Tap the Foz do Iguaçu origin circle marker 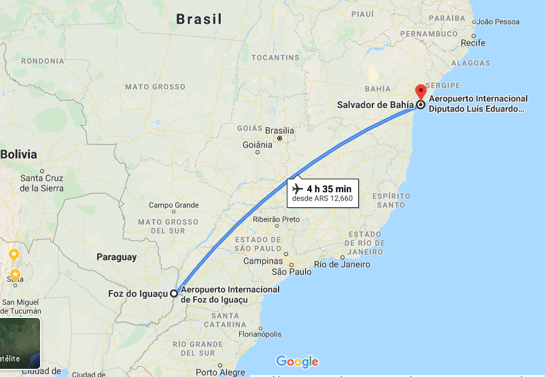click(174, 293)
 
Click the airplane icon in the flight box click(297, 187)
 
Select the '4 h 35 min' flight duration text click(329, 188)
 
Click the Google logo click(297, 361)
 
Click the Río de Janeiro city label click(342, 264)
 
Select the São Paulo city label click(292, 272)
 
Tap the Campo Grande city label click(174, 205)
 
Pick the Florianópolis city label click(260, 334)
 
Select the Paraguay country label click(116, 257)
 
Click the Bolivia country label click(18, 154)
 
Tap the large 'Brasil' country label click(199, 19)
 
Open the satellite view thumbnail click(20, 343)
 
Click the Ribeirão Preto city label click(276, 219)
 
